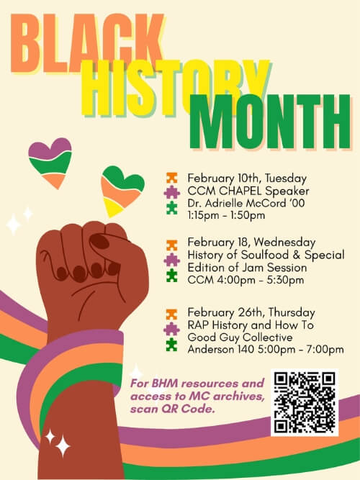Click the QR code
(x=304, y=403)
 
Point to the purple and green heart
(x=50, y=162)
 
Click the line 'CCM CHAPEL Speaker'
(x=238, y=191)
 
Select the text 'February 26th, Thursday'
(x=251, y=312)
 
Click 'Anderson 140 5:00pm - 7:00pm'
(x=265, y=349)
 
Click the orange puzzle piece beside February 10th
(x=171, y=178)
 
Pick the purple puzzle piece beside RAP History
(x=171, y=328)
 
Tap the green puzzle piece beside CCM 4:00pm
(x=171, y=275)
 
